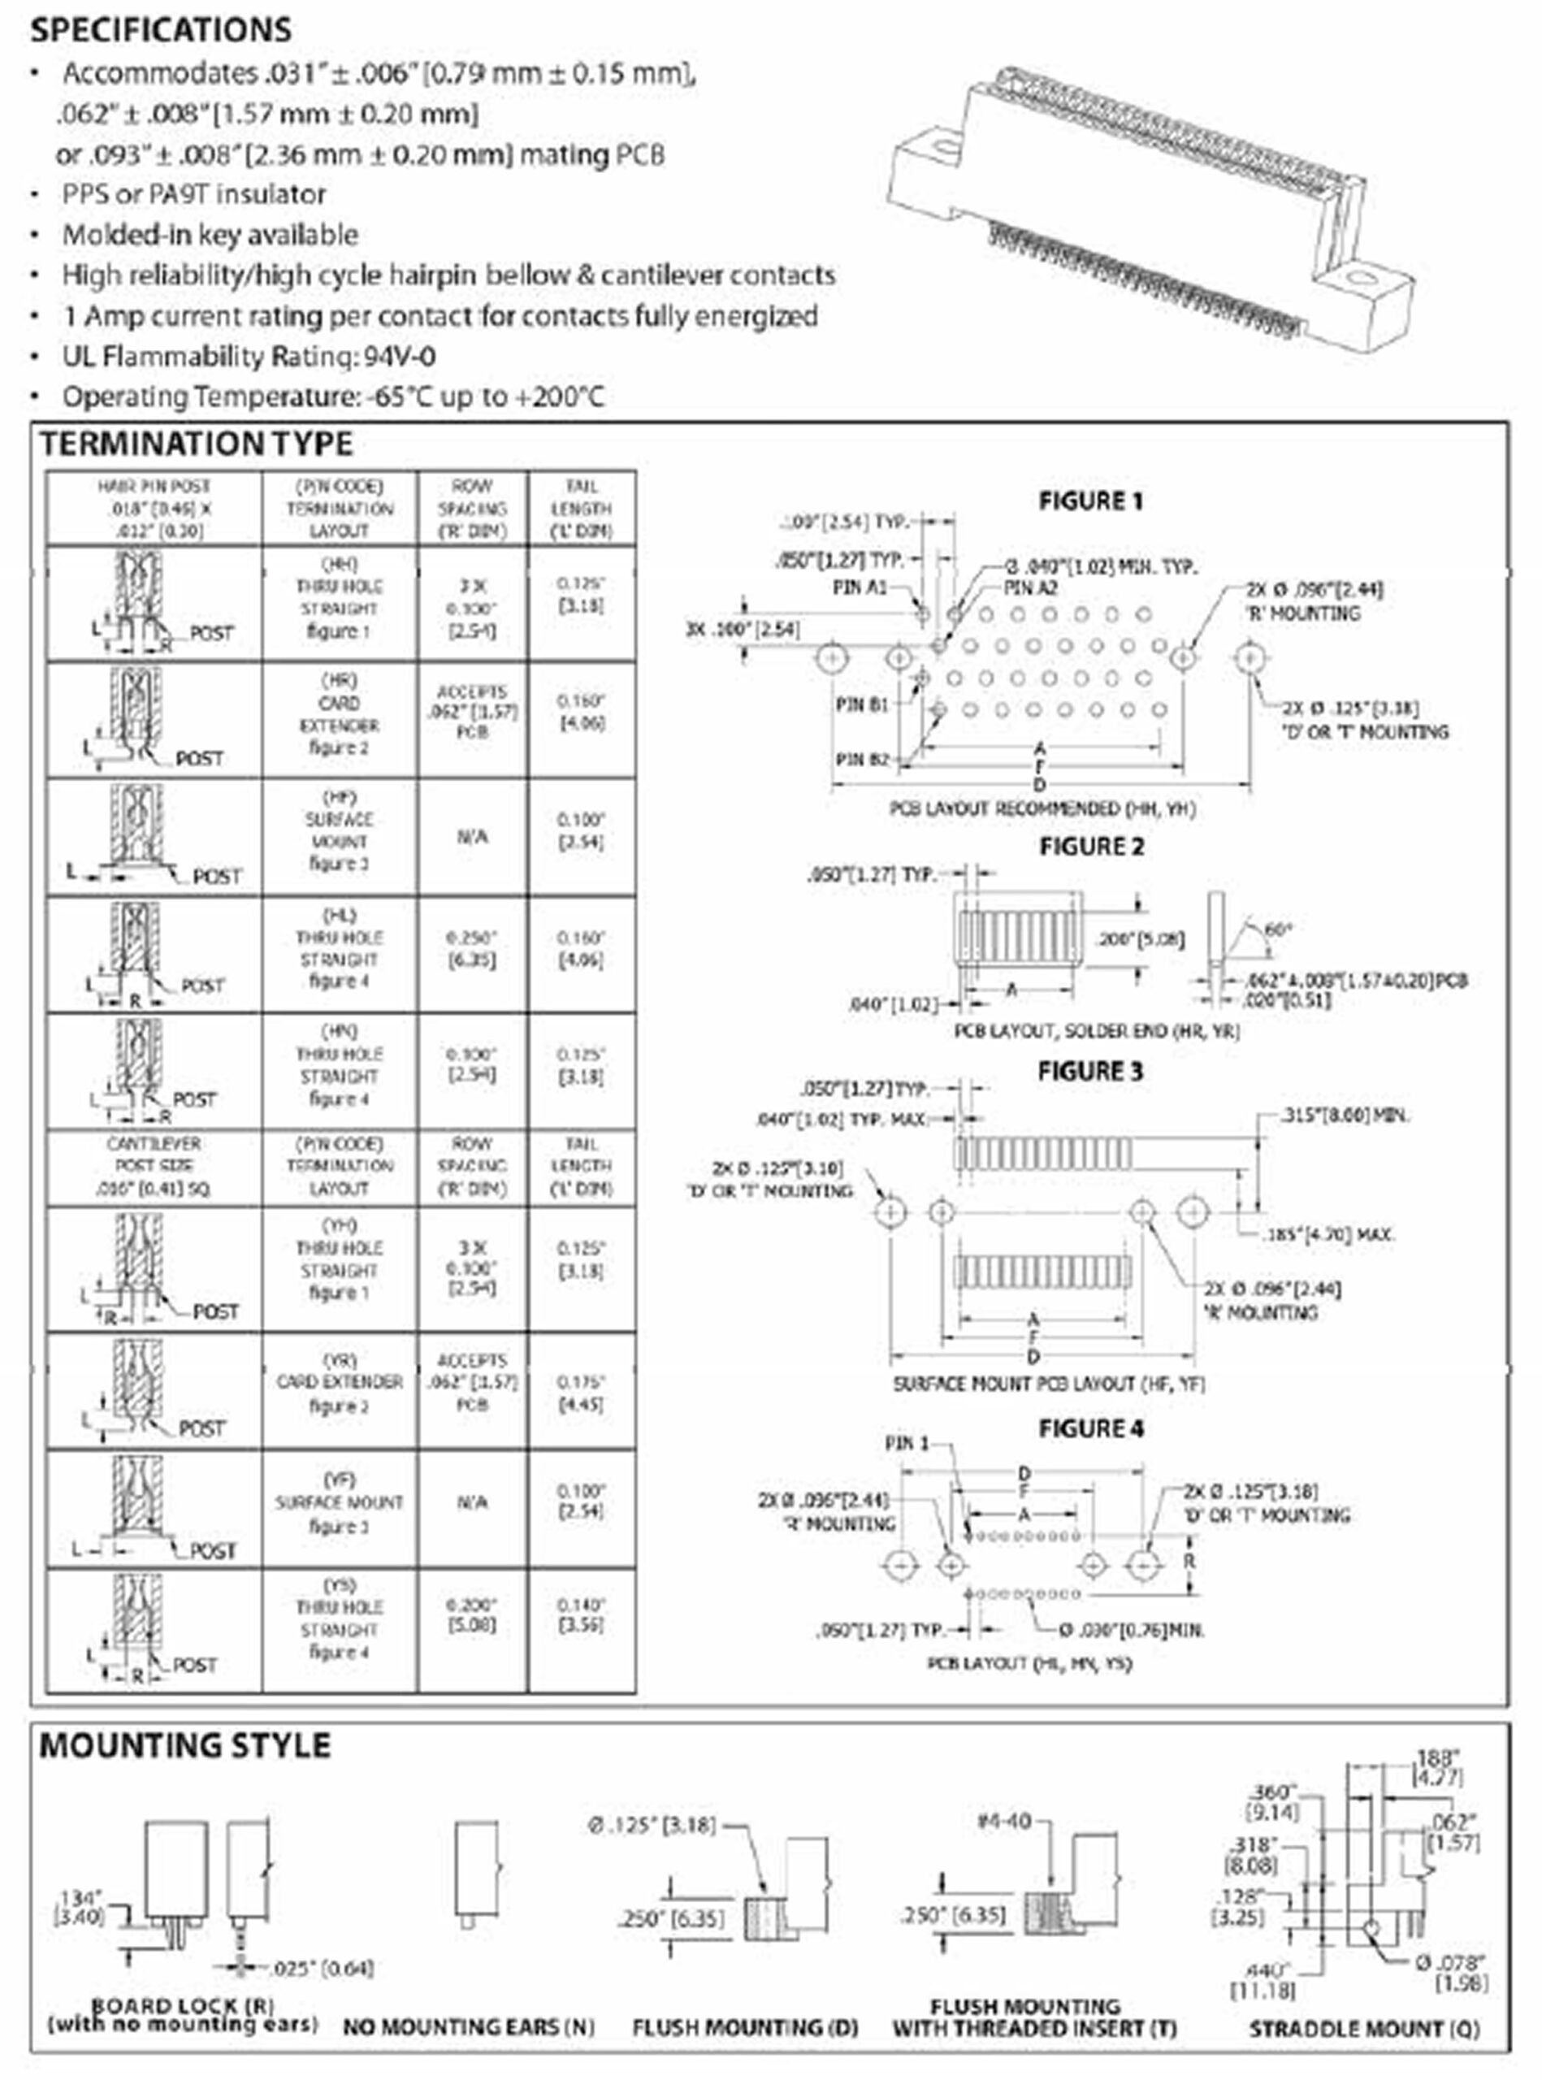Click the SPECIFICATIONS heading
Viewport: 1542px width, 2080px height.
pos(161,30)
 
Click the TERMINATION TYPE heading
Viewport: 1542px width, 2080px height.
pos(196,444)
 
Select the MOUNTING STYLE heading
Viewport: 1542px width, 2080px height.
pos(184,1745)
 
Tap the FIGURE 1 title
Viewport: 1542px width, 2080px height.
pos(1090,501)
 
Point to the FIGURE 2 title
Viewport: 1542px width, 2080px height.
pos(1091,847)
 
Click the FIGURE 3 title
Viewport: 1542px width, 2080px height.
pos(1090,1071)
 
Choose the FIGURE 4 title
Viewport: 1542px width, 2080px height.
pos(1090,1428)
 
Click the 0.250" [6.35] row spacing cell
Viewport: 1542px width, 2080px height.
pos(471,948)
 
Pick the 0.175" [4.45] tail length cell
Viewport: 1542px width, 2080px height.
pos(581,1393)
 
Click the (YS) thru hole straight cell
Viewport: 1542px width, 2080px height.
pos(339,1629)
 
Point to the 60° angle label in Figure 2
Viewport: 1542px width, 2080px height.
pos(1277,929)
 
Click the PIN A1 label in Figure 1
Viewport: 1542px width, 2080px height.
pos(859,588)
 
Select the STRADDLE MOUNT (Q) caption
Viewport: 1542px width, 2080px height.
pos(1364,2029)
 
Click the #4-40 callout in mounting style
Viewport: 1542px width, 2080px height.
pos(1003,1821)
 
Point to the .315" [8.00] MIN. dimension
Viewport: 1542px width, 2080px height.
pos(1343,1115)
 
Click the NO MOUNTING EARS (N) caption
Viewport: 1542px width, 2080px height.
pos(468,2028)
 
